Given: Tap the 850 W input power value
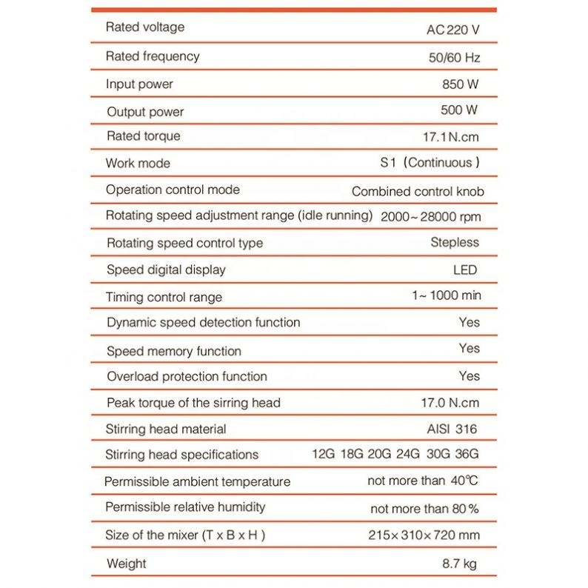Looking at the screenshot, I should (x=458, y=84).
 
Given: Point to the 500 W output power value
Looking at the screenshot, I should (x=458, y=111).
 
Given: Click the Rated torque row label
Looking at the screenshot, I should (x=143, y=136).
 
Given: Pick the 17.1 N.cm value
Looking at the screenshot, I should (x=450, y=137).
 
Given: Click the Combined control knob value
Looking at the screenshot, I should (x=418, y=191).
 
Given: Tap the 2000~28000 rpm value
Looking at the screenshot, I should (x=431, y=217).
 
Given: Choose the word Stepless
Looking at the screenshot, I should (x=455, y=242).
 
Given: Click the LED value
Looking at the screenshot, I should (x=465, y=270).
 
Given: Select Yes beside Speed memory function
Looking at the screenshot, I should (x=469, y=348).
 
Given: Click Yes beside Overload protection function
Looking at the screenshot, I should (x=469, y=375).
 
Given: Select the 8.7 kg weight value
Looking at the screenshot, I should (x=458, y=564).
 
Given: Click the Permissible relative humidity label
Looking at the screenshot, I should (x=185, y=507).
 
